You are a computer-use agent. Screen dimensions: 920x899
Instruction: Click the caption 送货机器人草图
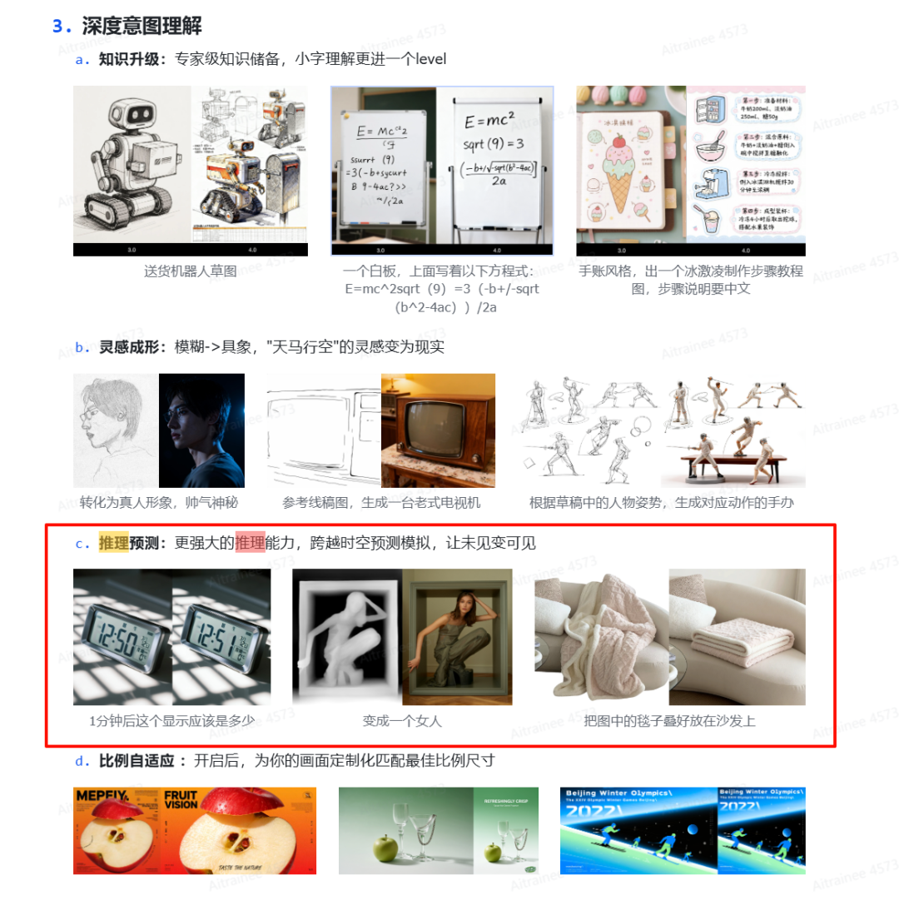(x=191, y=271)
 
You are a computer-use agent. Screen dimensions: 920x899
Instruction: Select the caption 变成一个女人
(x=401, y=721)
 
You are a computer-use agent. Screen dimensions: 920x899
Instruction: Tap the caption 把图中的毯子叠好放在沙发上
(x=669, y=721)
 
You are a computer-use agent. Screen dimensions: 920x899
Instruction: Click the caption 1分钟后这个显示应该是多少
(x=171, y=721)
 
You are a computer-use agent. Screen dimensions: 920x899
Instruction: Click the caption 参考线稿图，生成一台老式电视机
(x=380, y=503)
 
